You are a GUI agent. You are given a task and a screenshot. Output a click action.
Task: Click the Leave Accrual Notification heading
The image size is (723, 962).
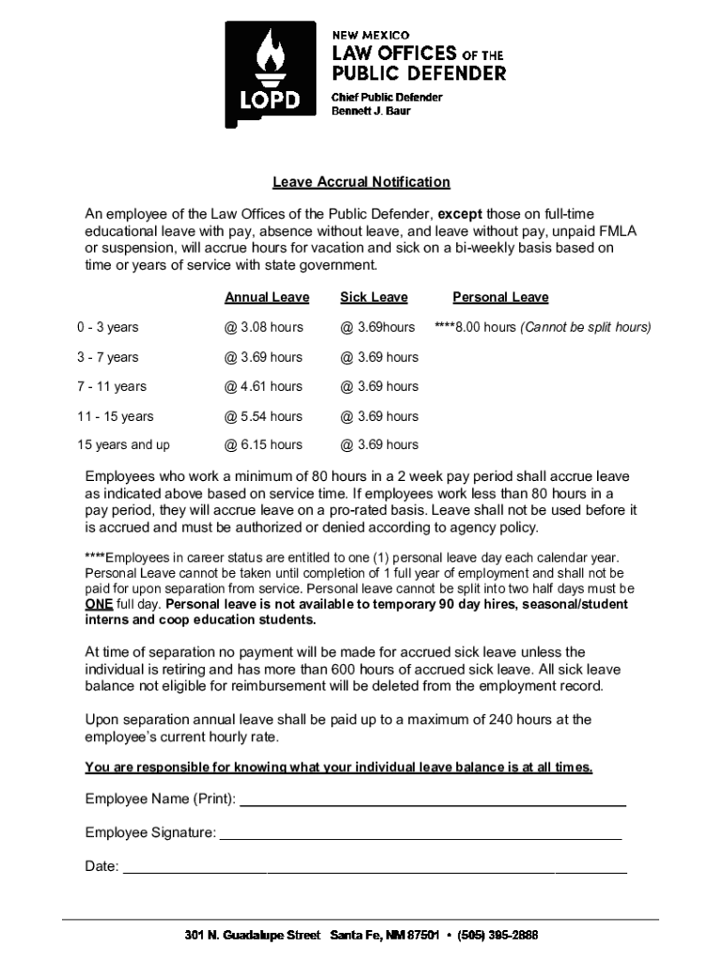click(x=361, y=182)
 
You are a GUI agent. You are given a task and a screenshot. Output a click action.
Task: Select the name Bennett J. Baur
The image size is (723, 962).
click(x=371, y=112)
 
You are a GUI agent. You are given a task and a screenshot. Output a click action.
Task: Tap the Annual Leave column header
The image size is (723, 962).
click(x=267, y=298)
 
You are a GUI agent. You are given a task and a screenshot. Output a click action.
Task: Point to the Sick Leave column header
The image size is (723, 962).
click(x=374, y=298)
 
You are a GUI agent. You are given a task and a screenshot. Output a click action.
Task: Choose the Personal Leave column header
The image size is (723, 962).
click(x=500, y=298)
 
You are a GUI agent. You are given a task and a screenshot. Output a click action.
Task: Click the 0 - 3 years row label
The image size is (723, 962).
click(x=108, y=328)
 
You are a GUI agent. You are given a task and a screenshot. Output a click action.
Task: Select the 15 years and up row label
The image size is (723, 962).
click(x=123, y=445)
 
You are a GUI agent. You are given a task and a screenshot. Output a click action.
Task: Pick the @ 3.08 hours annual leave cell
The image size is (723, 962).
click(x=263, y=328)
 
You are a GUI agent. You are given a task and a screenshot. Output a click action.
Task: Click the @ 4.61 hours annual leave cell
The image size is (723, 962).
click(x=263, y=387)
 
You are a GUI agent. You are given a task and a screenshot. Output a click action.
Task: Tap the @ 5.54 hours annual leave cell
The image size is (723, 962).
click(x=263, y=416)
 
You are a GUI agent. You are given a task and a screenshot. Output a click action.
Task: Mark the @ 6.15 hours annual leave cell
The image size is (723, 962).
click(x=263, y=445)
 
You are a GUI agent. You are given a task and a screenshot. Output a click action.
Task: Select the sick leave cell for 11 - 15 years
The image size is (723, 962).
click(x=378, y=416)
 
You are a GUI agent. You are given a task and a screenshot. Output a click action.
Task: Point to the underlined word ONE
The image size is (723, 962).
click(x=99, y=605)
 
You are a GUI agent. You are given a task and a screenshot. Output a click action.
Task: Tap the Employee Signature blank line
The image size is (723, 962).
click(x=420, y=835)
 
